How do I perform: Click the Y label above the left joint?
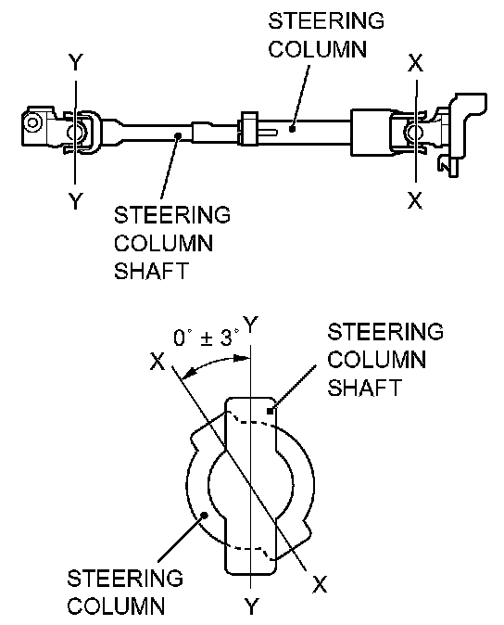click(x=75, y=62)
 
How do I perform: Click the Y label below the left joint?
click(x=75, y=200)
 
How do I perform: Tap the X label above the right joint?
click(x=416, y=62)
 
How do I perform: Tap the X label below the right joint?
click(x=415, y=200)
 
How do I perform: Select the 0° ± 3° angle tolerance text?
click(x=207, y=338)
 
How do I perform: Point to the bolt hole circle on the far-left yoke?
click(x=31, y=121)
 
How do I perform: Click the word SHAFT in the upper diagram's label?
click(x=151, y=271)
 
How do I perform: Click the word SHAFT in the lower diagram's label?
click(x=364, y=388)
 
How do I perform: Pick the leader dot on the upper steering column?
click(x=292, y=129)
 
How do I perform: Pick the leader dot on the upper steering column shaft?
click(x=179, y=136)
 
